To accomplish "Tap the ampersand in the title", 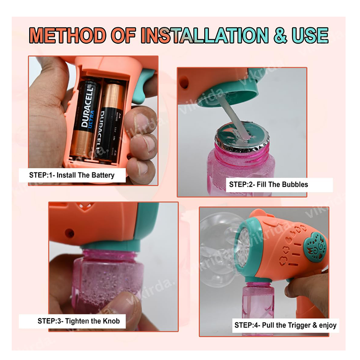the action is tap(280, 36).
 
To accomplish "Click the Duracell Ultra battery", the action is tap(85, 118).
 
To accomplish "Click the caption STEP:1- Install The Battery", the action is tap(72, 175).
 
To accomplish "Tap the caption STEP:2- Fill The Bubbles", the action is tap(268, 184).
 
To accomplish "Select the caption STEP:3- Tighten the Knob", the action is tap(78, 321).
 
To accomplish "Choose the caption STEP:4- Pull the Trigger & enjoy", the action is tap(285, 325).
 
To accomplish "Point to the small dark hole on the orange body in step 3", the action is tap(69, 233).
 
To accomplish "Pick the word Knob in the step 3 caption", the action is tap(111, 321).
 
